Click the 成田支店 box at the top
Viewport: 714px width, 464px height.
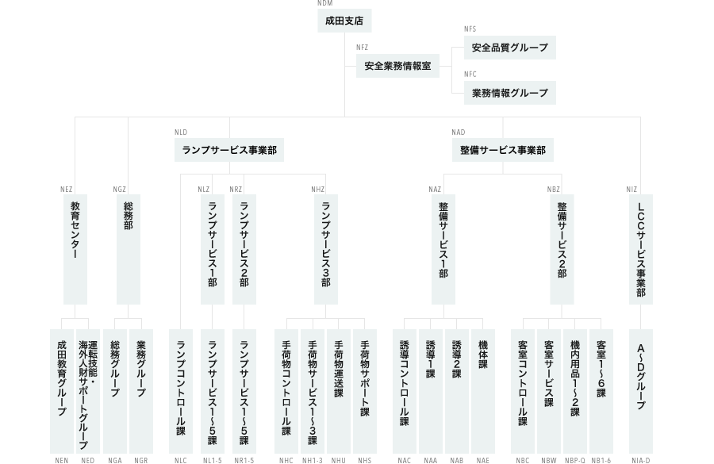pos(344,21)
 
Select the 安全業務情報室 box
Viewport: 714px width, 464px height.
pos(397,66)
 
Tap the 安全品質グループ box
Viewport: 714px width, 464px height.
pos(510,48)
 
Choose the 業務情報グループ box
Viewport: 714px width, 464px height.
pos(510,93)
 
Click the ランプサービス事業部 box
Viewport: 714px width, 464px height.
pos(229,150)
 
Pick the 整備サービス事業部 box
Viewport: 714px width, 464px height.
pos(503,150)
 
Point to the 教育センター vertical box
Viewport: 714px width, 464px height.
pos(75,249)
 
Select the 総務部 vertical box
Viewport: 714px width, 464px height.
pos(129,249)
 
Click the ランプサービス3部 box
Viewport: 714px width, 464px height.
pos(326,249)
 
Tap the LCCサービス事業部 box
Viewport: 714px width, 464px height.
pos(641,249)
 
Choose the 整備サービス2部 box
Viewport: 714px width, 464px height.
pos(562,249)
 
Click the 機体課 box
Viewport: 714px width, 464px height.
pos(483,391)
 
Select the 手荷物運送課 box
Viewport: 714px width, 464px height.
pos(339,391)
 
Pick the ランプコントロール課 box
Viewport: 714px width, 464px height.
pos(181,391)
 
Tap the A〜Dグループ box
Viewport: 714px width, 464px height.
pos(641,391)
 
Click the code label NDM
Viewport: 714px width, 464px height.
pos(325,3)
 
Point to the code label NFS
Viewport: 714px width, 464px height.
pos(470,29)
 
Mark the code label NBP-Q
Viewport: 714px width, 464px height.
pos(575,460)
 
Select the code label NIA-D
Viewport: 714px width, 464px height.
pos(641,460)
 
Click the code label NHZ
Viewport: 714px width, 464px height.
pos(318,190)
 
